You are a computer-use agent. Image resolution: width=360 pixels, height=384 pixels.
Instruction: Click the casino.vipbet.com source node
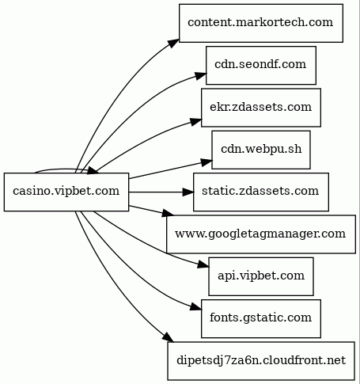pyautogui.click(x=66, y=192)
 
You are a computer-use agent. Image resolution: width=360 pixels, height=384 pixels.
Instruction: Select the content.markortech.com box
pyautogui.click(x=261, y=23)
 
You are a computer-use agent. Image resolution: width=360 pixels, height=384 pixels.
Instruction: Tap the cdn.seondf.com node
pyautogui.click(x=261, y=65)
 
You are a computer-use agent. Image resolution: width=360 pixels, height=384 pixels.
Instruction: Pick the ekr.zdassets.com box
pyautogui.click(x=261, y=108)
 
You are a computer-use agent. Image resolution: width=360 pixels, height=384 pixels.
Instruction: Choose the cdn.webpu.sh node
pyautogui.click(x=261, y=150)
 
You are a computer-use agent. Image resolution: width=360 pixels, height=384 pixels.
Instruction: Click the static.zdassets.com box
pyautogui.click(x=261, y=192)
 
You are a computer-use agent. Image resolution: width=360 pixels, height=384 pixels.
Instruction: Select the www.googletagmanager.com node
pyautogui.click(x=261, y=234)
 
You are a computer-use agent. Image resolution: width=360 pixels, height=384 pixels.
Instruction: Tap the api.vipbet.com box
pyautogui.click(x=261, y=276)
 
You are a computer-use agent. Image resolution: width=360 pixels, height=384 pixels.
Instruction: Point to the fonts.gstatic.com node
pyautogui.click(x=261, y=318)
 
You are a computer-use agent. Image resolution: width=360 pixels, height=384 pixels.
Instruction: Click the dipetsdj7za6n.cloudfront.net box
pyautogui.click(x=261, y=361)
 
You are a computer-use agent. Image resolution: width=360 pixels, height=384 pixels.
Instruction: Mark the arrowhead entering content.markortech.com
pyautogui.click(x=174, y=44)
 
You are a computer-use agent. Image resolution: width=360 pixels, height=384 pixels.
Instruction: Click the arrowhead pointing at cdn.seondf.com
pyautogui.click(x=201, y=76)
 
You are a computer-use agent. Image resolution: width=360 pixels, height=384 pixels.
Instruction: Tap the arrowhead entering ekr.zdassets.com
pyautogui.click(x=196, y=122)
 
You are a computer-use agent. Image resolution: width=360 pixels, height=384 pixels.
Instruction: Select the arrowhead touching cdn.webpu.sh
pyautogui.click(x=207, y=162)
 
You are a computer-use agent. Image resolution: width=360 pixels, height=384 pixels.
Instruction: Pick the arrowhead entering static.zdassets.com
pyautogui.click(x=188, y=192)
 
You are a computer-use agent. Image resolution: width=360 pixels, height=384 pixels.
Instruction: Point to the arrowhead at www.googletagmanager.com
pyautogui.click(x=168, y=213)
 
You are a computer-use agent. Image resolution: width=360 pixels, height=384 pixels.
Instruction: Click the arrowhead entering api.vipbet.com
pyautogui.click(x=203, y=264)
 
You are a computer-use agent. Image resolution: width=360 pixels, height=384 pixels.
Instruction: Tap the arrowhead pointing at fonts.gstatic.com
pyautogui.click(x=196, y=306)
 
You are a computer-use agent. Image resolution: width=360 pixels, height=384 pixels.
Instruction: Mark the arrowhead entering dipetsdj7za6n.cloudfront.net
pyautogui.click(x=169, y=338)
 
